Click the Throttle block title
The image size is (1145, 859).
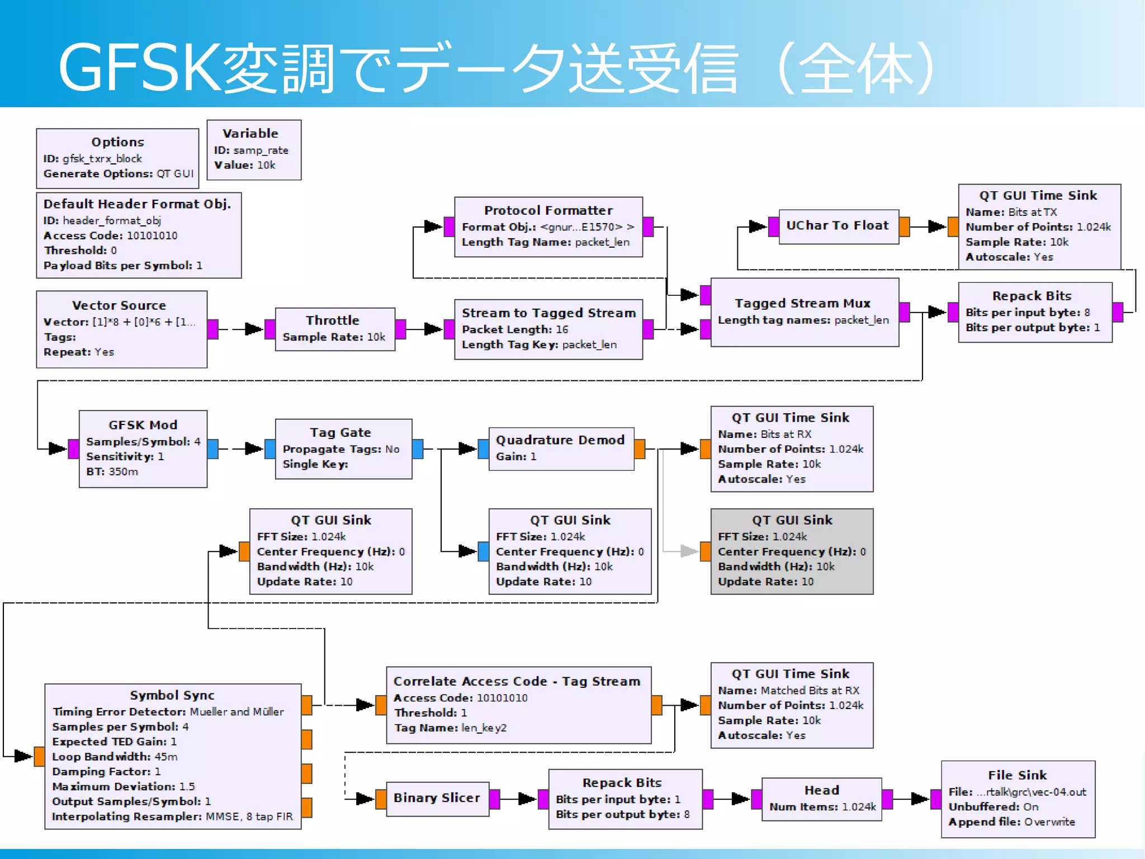[x=332, y=320]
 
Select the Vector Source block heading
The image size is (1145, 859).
[x=119, y=305]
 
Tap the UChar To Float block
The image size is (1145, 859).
[x=837, y=225]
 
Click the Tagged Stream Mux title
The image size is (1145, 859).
[x=802, y=303]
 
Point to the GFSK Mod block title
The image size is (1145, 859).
[x=143, y=425]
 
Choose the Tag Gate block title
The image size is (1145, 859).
[x=340, y=432]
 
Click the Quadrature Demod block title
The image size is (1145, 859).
[x=560, y=440]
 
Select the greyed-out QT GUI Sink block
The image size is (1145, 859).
[x=791, y=551]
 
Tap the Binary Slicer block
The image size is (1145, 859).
[x=436, y=798]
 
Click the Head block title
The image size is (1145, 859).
[x=821, y=790]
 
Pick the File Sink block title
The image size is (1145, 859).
[x=1017, y=775]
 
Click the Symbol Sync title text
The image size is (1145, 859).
[x=172, y=695]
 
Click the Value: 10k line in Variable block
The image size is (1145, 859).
[x=244, y=165]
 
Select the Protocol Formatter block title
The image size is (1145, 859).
[x=548, y=210]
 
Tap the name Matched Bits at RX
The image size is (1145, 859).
[x=810, y=691]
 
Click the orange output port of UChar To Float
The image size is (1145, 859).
[x=904, y=226]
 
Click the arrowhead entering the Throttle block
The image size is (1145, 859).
[x=254, y=329]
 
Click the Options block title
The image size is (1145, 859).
[x=117, y=142]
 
